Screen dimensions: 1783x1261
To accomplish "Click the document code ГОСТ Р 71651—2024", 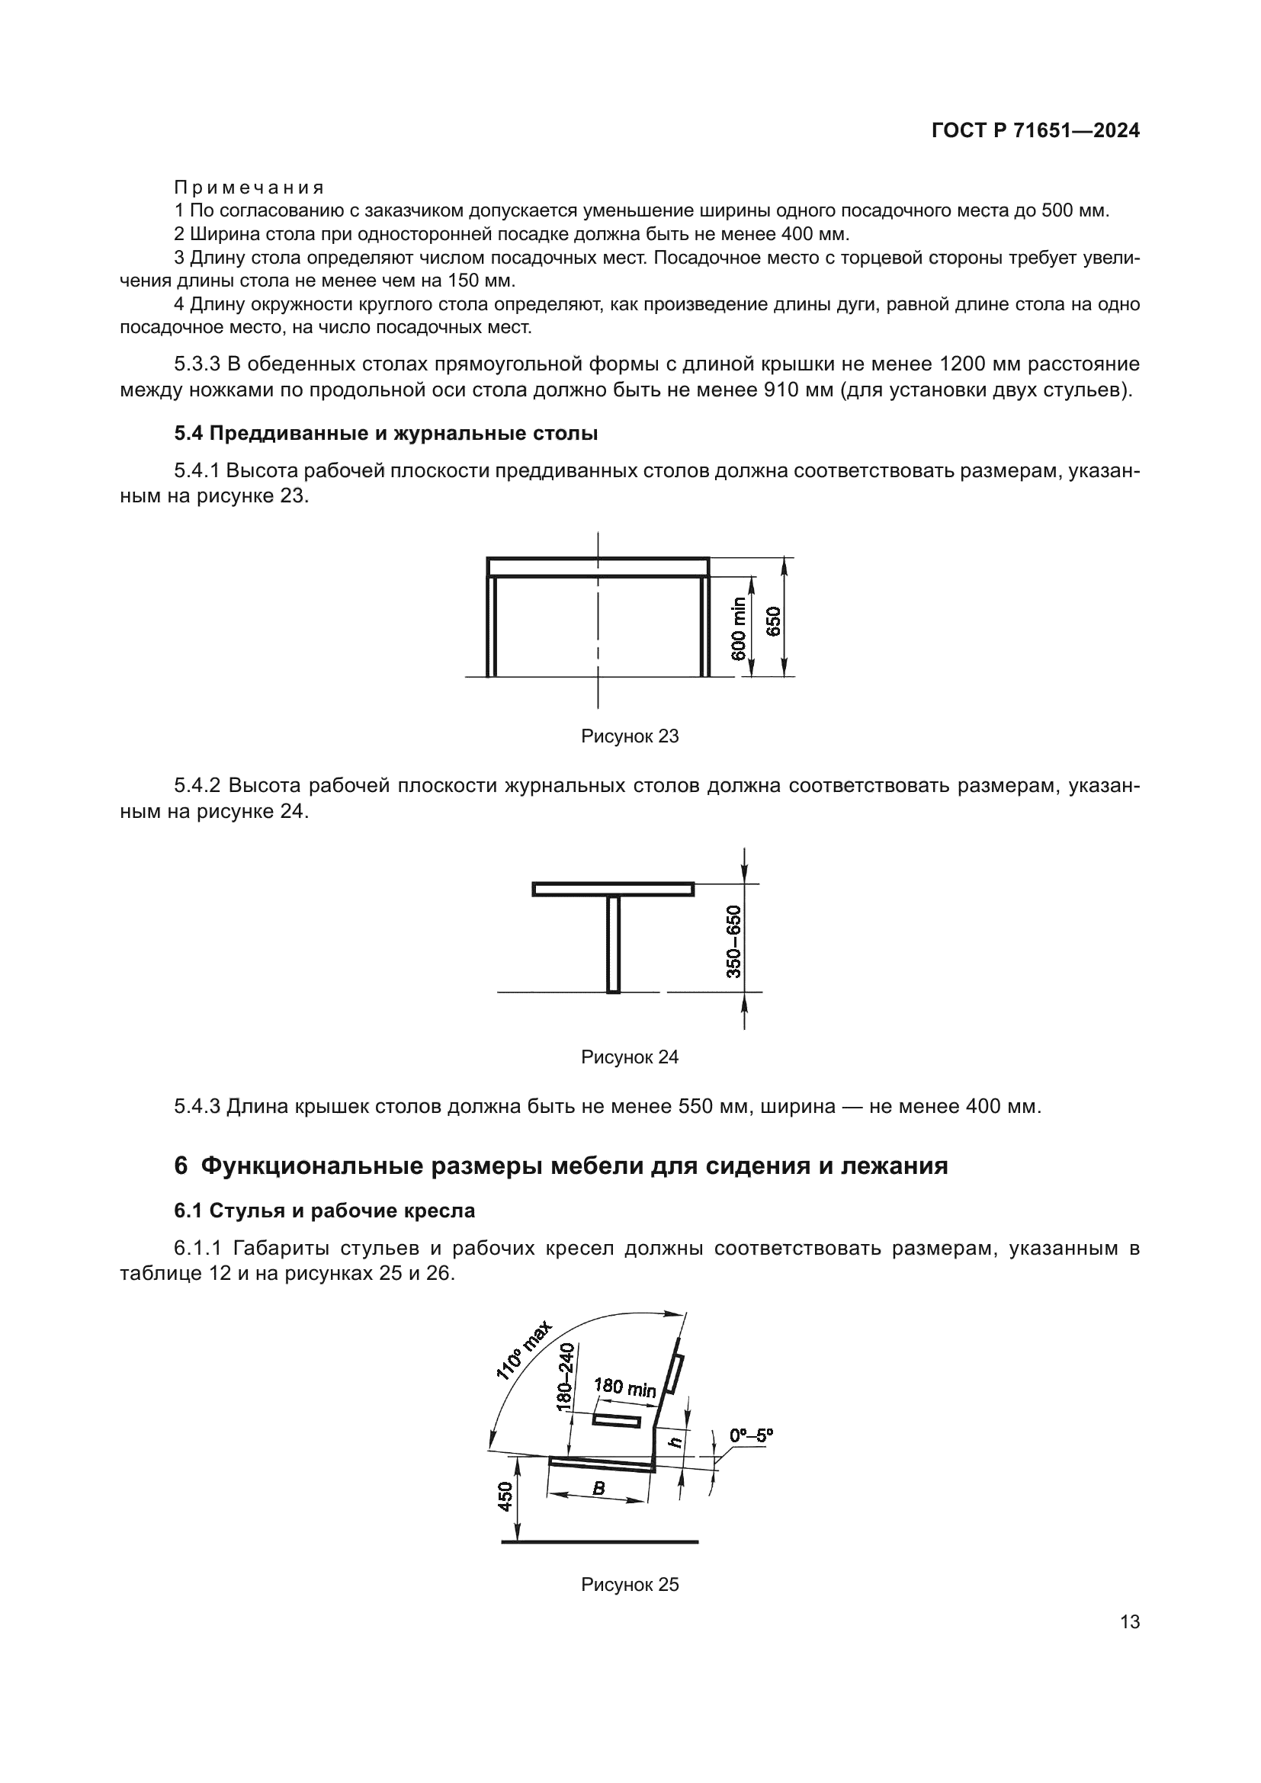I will pyautogui.click(x=1035, y=131).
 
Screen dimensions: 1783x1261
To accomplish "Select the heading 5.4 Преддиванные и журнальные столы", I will pyautogui.click(x=386, y=433).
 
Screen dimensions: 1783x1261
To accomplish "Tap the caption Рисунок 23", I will pyautogui.click(x=630, y=736).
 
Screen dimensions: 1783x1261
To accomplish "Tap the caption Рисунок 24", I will pyautogui.click(x=630, y=1057).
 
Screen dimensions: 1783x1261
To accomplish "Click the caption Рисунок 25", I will pyautogui.click(x=630, y=1585).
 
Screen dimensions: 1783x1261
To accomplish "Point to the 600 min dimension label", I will pyautogui.click(x=739, y=628).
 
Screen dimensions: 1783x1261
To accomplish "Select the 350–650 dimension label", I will pyautogui.click(x=733, y=941).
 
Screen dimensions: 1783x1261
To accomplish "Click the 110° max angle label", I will pyautogui.click(x=524, y=1351).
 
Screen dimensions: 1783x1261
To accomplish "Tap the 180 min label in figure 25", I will pyautogui.click(x=625, y=1387).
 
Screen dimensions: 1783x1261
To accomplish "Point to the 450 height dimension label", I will pyautogui.click(x=505, y=1496).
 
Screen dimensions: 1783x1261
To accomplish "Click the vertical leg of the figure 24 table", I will pyautogui.click(x=614, y=944).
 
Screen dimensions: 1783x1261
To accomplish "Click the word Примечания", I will pyautogui.click(x=249, y=188).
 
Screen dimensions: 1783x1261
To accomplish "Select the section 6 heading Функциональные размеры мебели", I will pyautogui.click(x=560, y=1166).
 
